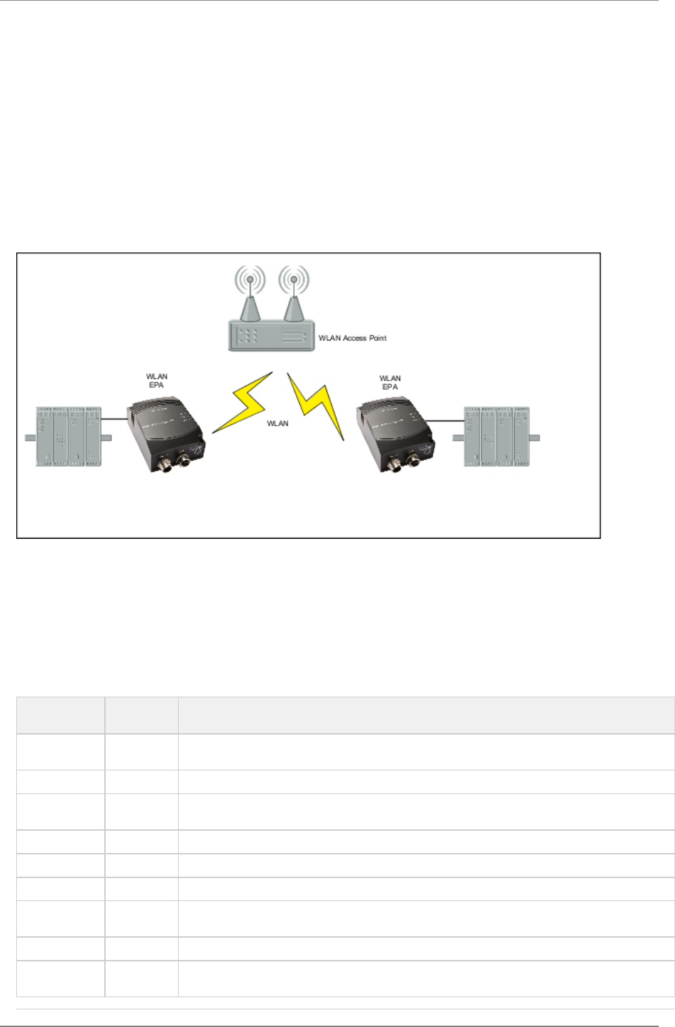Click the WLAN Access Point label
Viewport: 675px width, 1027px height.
click(x=352, y=338)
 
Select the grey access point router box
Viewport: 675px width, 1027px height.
click(x=271, y=336)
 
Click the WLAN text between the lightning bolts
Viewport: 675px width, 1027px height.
click(x=278, y=424)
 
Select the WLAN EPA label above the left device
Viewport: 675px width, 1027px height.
click(x=156, y=380)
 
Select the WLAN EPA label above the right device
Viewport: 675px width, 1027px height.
click(x=390, y=383)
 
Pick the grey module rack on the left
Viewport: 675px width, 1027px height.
click(x=68, y=437)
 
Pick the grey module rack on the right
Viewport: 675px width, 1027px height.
click(x=496, y=437)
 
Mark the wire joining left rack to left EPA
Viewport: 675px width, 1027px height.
click(x=114, y=419)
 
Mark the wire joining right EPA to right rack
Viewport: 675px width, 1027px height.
click(x=448, y=421)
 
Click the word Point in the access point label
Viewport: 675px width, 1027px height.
click(x=378, y=338)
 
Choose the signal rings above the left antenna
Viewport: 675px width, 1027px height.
click(x=250, y=278)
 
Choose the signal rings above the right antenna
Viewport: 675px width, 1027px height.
click(x=293, y=278)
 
